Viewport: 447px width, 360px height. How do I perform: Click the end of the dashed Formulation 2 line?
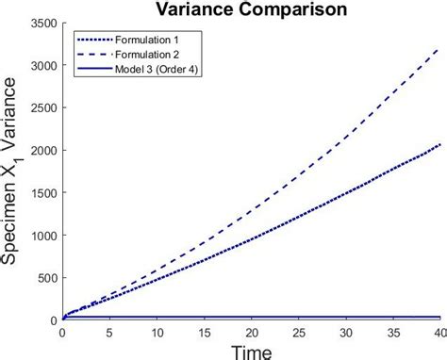[439, 47]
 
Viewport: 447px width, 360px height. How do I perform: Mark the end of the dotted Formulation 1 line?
[439, 144]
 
